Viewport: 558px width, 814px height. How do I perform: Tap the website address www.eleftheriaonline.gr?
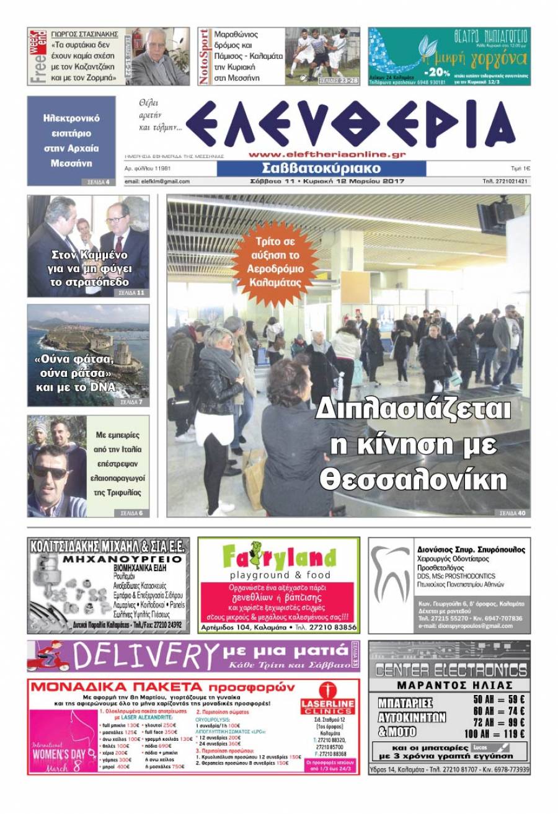(327, 155)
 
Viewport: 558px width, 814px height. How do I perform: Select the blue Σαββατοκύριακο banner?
(321, 168)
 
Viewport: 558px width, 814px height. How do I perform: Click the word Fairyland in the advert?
(280, 556)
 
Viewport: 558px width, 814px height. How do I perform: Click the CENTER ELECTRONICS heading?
(451, 670)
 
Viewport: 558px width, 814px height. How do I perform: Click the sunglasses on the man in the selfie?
(50, 472)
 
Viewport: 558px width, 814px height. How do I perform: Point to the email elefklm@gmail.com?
(157, 182)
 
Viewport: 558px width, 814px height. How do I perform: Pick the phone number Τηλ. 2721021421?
(506, 182)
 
